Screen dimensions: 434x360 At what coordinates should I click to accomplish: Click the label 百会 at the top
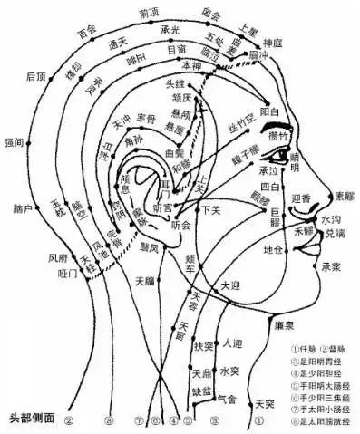pos(88,33)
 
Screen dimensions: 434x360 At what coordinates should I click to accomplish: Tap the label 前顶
pos(150,13)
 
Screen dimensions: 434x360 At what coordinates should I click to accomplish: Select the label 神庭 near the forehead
pos(274,42)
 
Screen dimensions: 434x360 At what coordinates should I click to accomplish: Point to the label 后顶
pos(36,77)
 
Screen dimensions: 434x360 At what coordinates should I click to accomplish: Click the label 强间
pos(15,142)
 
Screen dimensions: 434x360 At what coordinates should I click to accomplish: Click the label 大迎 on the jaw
pos(232,286)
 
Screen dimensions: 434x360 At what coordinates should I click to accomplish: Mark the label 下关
pos(212,210)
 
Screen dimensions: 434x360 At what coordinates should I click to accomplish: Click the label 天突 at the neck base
pos(265,402)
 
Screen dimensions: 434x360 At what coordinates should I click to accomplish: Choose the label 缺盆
pos(201,391)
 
